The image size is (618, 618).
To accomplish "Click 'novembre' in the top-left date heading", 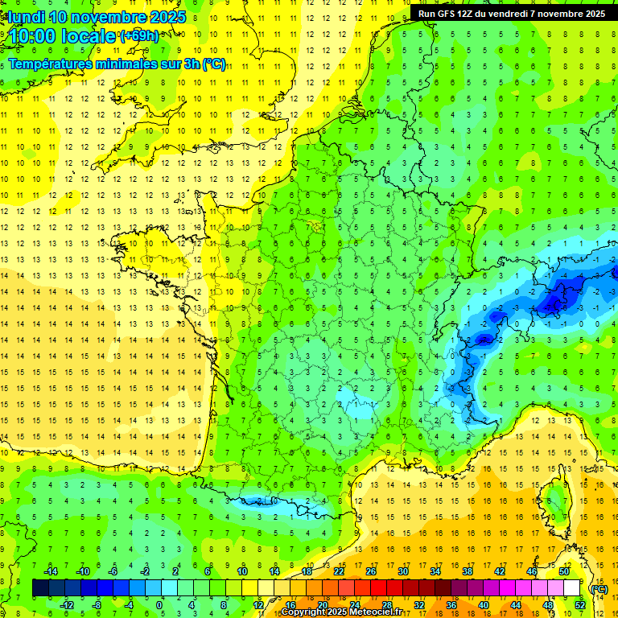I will tap(106, 17).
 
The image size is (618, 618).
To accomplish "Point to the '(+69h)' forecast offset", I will tap(139, 35).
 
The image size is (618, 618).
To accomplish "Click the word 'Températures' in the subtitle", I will tap(55, 64).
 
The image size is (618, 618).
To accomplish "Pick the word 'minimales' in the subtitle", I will tap(134, 64).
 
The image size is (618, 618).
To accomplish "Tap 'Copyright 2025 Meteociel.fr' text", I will tap(342, 612).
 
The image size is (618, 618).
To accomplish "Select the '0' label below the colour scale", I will tap(159, 604).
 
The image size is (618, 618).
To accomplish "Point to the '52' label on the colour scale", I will tap(580, 604).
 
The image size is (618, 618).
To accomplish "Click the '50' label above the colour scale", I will tap(564, 571).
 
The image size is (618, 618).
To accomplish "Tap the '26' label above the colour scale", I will tap(371, 571).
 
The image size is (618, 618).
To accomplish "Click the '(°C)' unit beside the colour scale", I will tap(599, 588).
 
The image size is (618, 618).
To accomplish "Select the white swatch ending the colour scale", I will tap(572, 588).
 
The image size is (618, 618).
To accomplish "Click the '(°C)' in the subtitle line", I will tap(214, 64).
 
